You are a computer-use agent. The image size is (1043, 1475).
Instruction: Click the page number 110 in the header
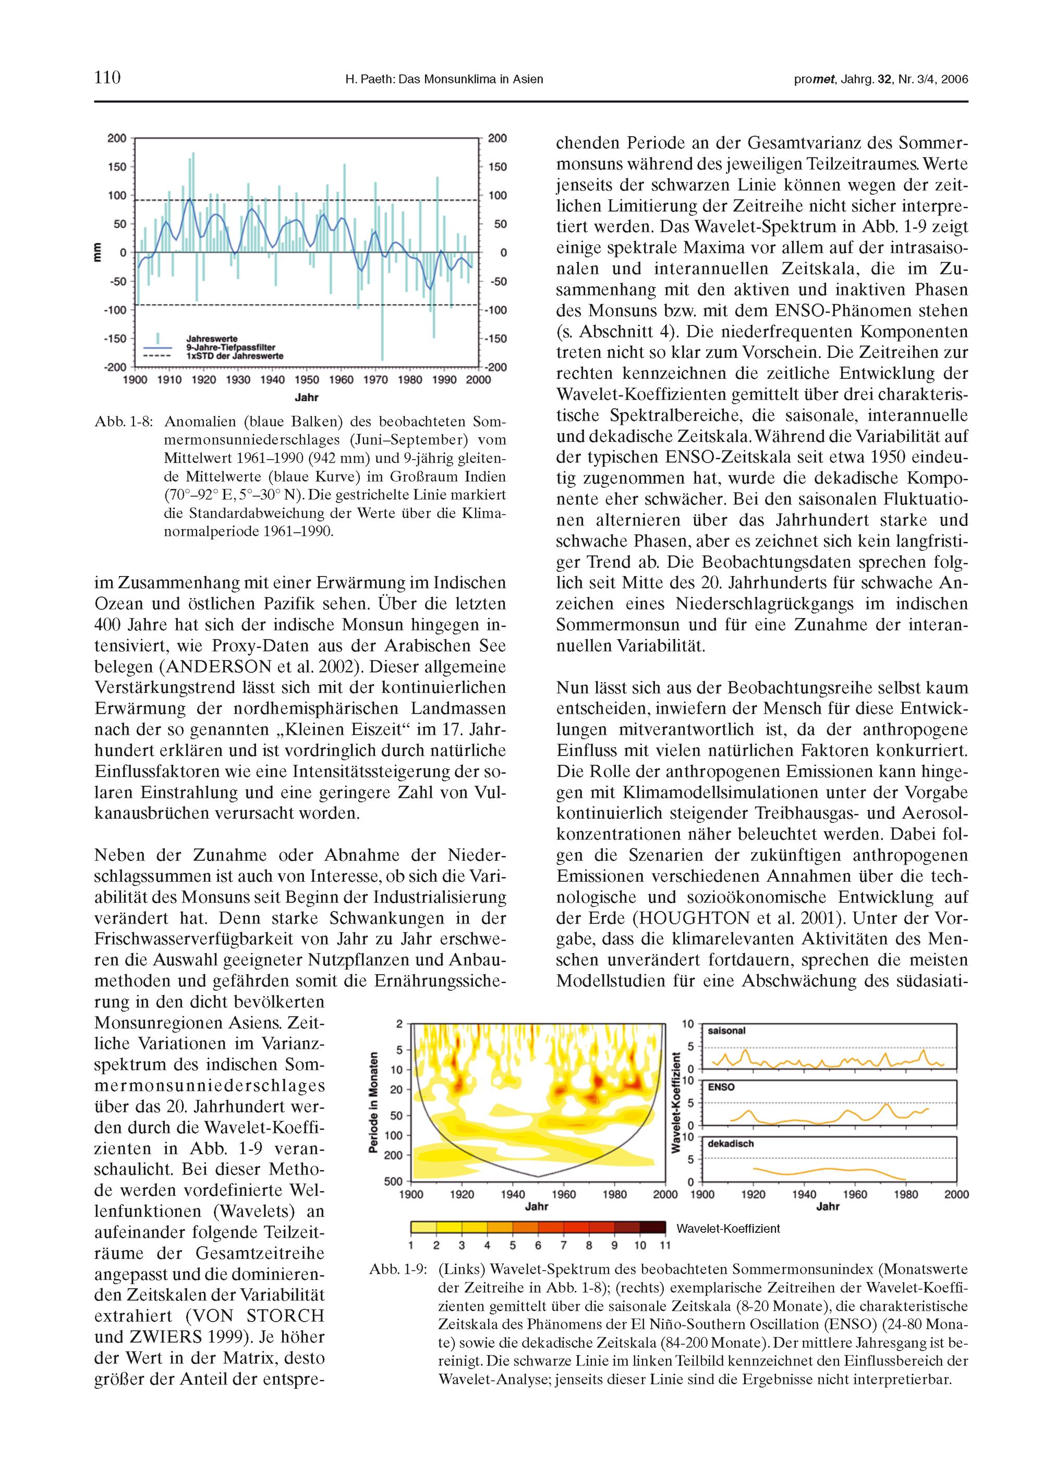pos(107,78)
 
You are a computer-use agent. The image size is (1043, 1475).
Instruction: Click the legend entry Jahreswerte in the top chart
pos(211,339)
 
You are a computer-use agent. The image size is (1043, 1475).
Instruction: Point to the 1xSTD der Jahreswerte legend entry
pos(235,356)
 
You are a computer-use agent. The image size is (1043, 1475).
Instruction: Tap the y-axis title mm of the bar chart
pos(98,252)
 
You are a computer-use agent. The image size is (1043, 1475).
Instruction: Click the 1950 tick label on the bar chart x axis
pos(307,380)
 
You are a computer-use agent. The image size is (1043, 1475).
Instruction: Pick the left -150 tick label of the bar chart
pos(117,339)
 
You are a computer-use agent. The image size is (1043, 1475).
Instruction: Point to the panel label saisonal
pos(726,1030)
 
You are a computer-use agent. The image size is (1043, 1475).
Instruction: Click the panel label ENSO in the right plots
pos(721,1087)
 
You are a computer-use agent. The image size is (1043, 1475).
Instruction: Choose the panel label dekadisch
pos(730,1144)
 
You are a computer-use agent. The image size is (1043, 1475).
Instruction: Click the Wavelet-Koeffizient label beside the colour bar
pos(727,1228)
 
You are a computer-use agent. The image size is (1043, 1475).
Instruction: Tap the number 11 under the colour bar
pos(665,1245)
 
